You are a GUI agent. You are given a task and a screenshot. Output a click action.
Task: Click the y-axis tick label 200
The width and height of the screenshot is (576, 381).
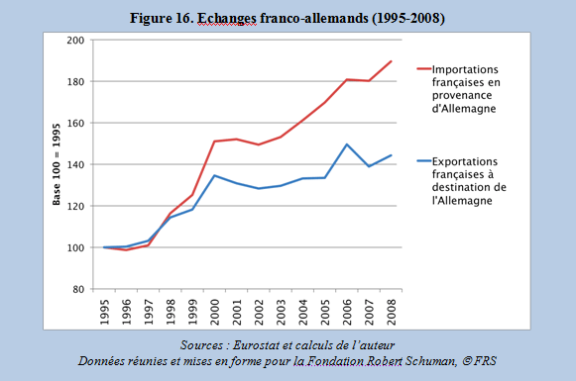pos(75,40)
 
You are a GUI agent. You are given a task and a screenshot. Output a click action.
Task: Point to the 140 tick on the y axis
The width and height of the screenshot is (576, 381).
pos(75,164)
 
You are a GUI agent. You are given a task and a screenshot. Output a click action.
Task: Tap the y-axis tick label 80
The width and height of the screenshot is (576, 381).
pos(78,289)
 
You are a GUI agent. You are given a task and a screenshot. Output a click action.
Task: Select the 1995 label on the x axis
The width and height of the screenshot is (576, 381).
pos(105,312)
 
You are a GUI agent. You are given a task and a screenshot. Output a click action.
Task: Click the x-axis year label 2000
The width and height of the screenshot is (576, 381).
pos(215,312)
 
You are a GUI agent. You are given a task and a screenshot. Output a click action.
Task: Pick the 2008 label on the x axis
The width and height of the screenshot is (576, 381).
pos(392,312)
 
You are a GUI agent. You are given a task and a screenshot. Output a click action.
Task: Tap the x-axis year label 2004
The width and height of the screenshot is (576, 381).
pos(303,312)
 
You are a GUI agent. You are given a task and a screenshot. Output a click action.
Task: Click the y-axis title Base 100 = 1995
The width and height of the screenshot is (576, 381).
pos(57,164)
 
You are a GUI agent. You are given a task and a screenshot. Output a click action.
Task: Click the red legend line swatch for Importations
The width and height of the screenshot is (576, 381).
pos(424,68)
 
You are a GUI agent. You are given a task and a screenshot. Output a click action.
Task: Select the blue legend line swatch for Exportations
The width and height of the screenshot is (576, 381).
pos(424,160)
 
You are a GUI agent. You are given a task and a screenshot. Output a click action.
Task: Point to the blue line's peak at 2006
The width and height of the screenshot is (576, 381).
pos(347,144)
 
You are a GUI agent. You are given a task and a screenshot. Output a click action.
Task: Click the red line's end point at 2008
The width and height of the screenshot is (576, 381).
pos(391,61)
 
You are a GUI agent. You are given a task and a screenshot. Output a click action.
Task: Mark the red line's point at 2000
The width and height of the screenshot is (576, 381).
pos(214,142)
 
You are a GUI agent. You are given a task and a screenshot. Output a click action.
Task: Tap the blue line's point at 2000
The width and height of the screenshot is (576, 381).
pos(214,175)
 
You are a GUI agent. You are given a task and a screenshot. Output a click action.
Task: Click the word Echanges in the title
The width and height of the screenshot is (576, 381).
pos(227,18)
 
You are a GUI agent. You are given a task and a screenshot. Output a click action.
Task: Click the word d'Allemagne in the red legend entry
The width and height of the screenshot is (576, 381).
pos(464,109)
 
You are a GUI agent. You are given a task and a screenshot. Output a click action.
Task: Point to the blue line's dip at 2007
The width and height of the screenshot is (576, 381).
pos(369,166)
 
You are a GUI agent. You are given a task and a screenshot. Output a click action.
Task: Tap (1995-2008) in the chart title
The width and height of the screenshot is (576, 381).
pos(408,18)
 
